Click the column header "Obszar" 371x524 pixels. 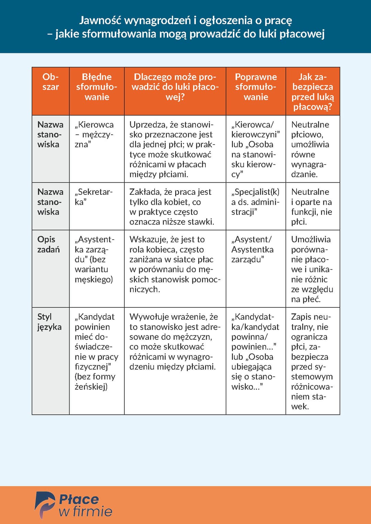click(50, 82)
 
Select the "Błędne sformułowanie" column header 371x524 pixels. click(97, 87)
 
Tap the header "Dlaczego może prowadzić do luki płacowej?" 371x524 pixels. click(175, 87)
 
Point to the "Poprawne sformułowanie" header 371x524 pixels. click(256, 87)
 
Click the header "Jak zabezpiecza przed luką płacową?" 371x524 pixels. click(313, 92)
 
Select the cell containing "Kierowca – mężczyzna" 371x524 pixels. click(94, 135)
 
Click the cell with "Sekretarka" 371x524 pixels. click(93, 197)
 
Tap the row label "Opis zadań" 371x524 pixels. click(48, 244)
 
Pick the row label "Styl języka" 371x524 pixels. click(49, 322)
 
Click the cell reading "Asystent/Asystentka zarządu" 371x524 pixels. click(252, 249)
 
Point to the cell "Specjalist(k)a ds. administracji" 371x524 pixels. click(255, 202)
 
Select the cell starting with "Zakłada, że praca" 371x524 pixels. click(172, 207)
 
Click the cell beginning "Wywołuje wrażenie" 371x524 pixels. click(175, 342)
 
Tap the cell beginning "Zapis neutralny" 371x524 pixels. click(312, 361)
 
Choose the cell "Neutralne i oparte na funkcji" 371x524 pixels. click(312, 207)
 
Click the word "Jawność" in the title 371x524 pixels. click(100, 21)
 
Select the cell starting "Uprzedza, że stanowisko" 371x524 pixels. click(172, 149)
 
